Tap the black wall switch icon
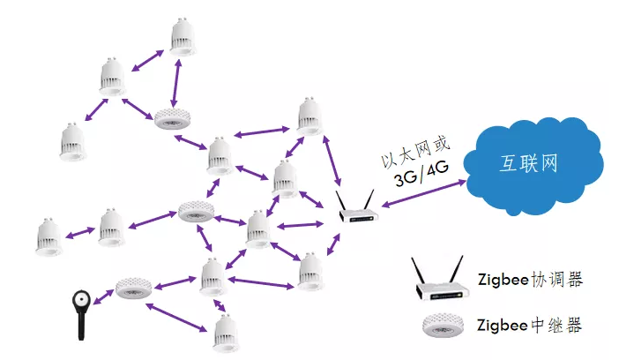click(x=81, y=314)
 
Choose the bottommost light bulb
click(x=227, y=334)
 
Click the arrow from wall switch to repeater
click(x=104, y=297)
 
